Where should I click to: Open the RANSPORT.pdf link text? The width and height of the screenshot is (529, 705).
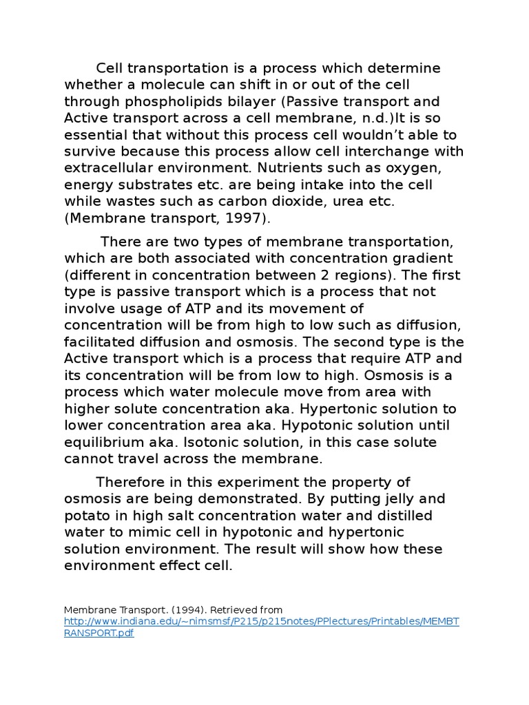point(98,633)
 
